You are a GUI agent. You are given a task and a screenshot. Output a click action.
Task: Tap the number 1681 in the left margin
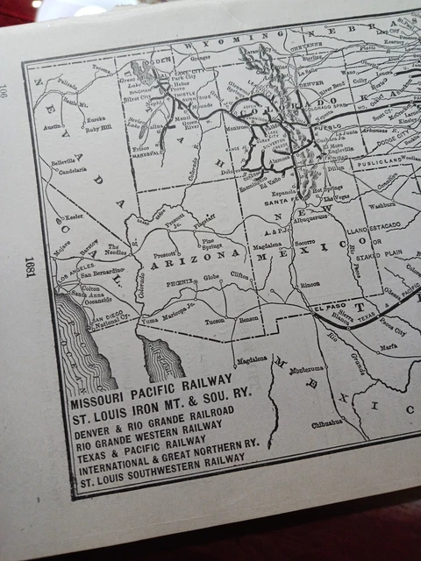click(x=29, y=266)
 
